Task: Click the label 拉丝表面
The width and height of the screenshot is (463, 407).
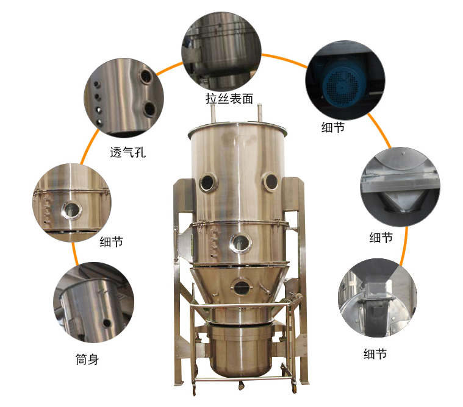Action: click(229, 99)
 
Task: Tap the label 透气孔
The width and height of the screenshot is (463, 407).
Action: click(128, 152)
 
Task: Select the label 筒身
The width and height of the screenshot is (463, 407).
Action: click(87, 359)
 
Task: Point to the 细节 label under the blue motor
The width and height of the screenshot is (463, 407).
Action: click(333, 127)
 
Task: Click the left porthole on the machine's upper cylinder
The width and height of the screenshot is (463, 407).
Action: click(208, 182)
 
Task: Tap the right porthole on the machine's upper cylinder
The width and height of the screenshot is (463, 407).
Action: click(270, 182)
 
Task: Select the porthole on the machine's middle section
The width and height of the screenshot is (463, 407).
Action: click(241, 242)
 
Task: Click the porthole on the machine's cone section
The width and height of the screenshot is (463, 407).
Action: click(241, 287)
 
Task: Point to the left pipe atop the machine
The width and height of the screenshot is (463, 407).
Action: click(213, 113)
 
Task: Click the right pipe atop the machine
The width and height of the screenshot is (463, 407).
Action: click(260, 112)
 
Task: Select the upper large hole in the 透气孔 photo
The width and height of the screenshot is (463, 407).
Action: click(146, 77)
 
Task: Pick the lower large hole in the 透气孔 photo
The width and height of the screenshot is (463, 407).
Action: click(149, 109)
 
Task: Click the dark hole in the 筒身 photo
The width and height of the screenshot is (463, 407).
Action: click(106, 324)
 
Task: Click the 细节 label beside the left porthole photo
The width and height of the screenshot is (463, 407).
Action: click(111, 241)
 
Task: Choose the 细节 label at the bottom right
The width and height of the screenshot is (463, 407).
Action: click(375, 353)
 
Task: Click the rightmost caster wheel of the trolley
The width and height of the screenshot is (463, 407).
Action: click(294, 389)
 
